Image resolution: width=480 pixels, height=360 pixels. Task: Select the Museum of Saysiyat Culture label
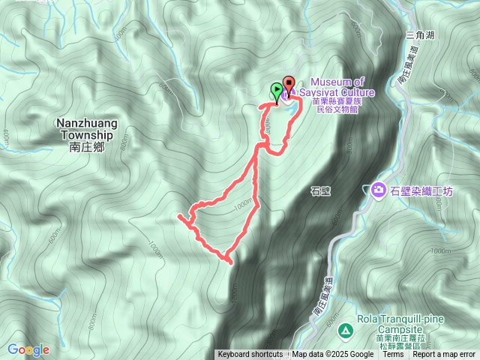point(342,87)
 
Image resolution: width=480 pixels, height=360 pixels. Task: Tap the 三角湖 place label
point(420,34)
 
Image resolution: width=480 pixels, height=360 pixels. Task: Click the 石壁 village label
point(320,191)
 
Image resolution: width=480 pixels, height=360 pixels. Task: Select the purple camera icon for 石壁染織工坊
point(379,190)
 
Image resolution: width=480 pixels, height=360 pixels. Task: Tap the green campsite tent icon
point(344,329)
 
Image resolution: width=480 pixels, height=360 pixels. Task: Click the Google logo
point(28,349)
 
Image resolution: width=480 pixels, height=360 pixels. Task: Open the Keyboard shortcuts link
point(250,355)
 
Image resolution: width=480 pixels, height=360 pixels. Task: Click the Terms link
point(393,355)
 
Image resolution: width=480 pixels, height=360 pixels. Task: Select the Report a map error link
point(444,355)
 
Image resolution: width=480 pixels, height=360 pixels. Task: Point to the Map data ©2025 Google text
point(333,355)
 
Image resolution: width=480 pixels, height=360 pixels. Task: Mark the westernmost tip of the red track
point(179,216)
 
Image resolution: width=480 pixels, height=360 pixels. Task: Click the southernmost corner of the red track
point(228,262)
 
